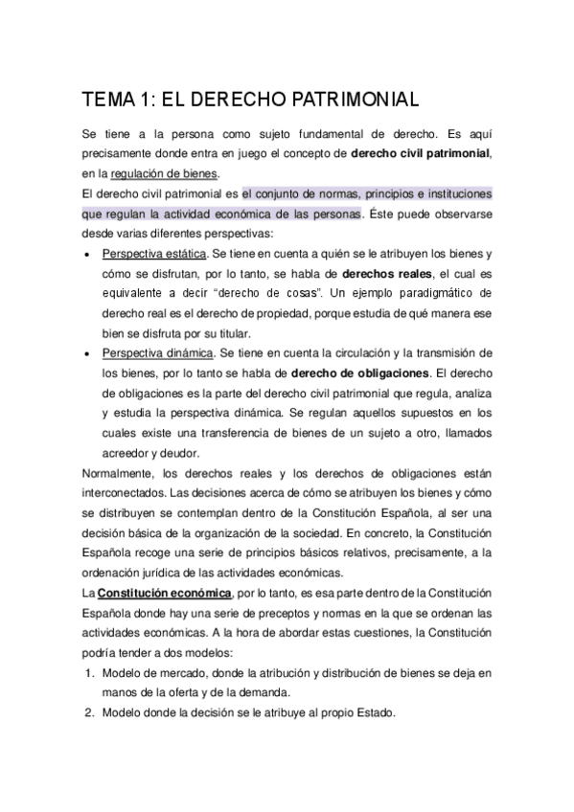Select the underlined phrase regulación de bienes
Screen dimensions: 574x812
[x=164, y=173]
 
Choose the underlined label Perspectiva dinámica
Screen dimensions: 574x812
[x=155, y=353]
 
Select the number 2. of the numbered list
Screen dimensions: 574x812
[x=88, y=713]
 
